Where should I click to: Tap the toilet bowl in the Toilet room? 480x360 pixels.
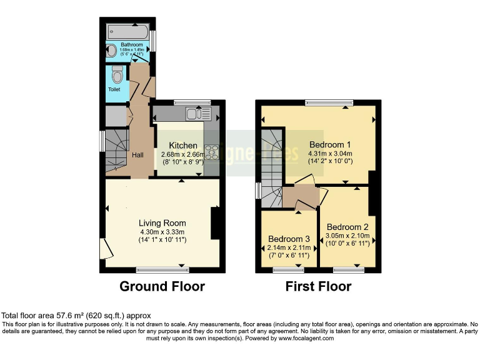[x=116, y=76]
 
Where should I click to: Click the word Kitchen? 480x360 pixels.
[x=179, y=146]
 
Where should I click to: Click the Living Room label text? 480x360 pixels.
[x=162, y=223]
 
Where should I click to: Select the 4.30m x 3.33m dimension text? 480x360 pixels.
[x=162, y=231]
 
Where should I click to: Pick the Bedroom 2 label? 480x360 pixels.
[x=347, y=227]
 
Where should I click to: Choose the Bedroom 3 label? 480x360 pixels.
[x=289, y=239]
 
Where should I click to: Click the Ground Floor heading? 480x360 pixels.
[x=162, y=287]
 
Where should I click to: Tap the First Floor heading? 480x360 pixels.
[x=318, y=287]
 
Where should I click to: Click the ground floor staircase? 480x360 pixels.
[x=115, y=150]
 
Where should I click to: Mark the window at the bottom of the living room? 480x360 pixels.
[x=162, y=270]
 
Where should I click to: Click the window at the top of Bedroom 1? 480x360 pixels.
[x=329, y=102]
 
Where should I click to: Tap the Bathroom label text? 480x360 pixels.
[x=131, y=46]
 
